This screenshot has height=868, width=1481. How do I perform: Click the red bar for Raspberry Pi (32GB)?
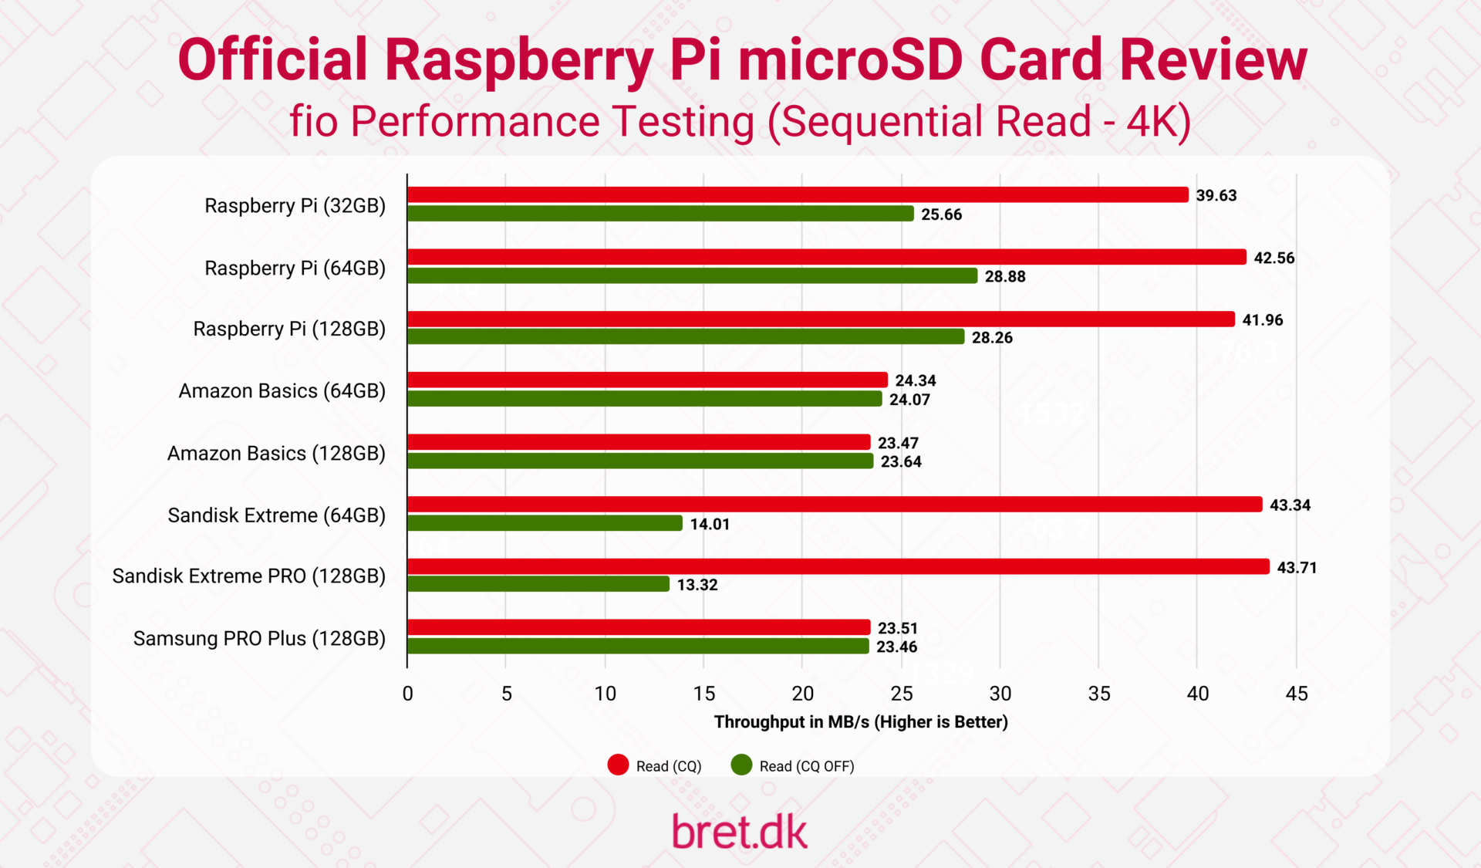(798, 195)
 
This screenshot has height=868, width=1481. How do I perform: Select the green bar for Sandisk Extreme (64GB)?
(545, 523)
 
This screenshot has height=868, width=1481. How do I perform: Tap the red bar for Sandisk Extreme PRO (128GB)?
(838, 566)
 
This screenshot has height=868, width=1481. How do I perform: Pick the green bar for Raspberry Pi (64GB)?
(692, 275)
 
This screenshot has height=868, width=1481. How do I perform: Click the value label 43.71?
(1297, 567)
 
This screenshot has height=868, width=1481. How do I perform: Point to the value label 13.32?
(697, 585)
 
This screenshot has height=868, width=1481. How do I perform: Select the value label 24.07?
(909, 400)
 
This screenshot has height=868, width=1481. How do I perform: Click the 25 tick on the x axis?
(901, 694)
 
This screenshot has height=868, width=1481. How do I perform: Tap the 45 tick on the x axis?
(1297, 694)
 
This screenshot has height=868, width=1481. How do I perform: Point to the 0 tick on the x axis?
(407, 694)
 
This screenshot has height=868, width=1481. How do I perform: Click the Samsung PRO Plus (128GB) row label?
(259, 638)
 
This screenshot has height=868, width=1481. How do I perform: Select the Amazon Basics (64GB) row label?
(282, 390)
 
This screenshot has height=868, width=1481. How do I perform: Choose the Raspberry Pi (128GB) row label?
(289, 329)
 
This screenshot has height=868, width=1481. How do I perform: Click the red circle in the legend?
(618, 765)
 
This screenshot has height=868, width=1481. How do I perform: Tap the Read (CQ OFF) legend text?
(806, 766)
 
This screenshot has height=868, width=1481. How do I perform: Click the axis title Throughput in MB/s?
(861, 722)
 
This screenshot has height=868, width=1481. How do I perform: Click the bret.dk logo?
(740, 832)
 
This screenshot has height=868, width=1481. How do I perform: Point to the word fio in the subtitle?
(313, 122)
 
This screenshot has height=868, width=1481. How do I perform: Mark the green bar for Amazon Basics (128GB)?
(640, 461)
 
